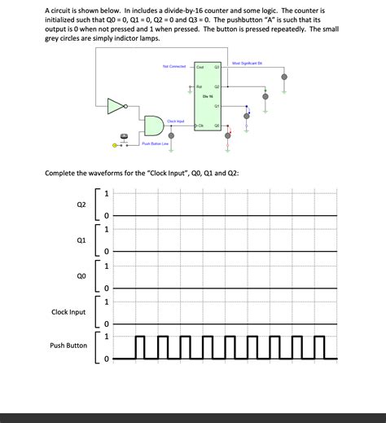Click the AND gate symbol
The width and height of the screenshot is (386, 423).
coord(154,125)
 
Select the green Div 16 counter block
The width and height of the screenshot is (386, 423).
coord(208,96)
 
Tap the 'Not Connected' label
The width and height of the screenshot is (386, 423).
coord(174,66)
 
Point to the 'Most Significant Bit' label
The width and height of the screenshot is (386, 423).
coord(246,63)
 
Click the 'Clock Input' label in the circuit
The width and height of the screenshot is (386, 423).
coord(175,121)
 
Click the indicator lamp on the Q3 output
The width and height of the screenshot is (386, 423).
coord(283,77)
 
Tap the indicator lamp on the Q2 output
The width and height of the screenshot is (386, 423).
coord(265,95)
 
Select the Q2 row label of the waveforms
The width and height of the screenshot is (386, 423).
coord(81,203)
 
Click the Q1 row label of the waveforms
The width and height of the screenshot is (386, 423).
coord(81,240)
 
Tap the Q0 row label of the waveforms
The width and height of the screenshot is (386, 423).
coord(81,276)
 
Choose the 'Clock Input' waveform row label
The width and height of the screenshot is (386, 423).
coord(68,312)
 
